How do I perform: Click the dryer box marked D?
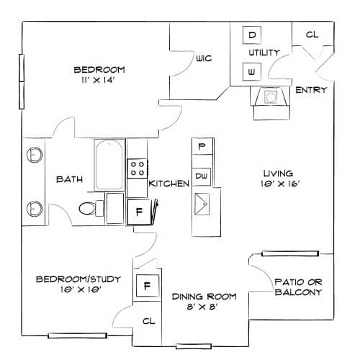pos(252,35)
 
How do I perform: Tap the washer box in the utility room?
pos(252,71)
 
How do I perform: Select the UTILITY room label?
pos(264,53)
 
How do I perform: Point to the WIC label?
pos(204,58)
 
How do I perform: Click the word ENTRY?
pos(311,90)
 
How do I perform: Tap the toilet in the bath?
pos(91,208)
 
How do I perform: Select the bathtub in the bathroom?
pos(109,165)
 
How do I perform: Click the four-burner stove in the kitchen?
pos(137,168)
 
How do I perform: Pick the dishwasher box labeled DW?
pos(202,176)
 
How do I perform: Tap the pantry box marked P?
pos(202,146)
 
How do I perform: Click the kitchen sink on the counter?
pos(202,204)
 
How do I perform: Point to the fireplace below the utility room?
pos(271,103)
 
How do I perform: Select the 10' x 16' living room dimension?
pos(280,184)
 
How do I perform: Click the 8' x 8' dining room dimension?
pos(202,307)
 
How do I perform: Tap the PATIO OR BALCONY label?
pos(298,287)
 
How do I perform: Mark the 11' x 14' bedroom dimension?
pos(97,80)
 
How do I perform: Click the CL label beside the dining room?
pos(149,321)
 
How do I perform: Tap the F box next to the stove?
pos(139,212)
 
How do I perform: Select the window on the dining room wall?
pos(194,346)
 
